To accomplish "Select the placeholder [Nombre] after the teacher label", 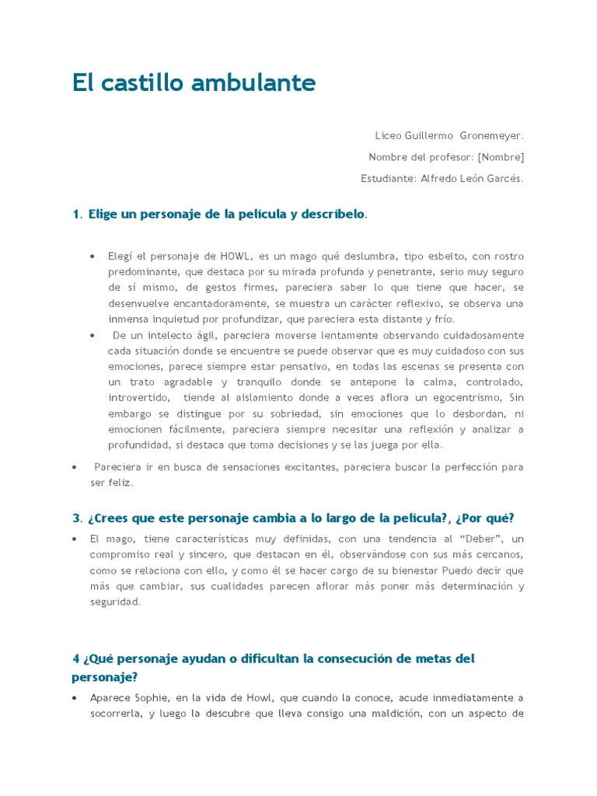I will [501, 157].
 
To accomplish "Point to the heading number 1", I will [75, 214].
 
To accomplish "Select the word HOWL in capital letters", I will [235, 256].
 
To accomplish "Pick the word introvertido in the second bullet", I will [138, 397].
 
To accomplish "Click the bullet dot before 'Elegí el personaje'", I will [93, 256].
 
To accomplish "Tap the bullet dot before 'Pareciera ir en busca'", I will [74, 467].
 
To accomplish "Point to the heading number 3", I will [76, 518].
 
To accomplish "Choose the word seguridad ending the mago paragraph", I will [115, 602].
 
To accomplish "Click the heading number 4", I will [76, 658].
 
